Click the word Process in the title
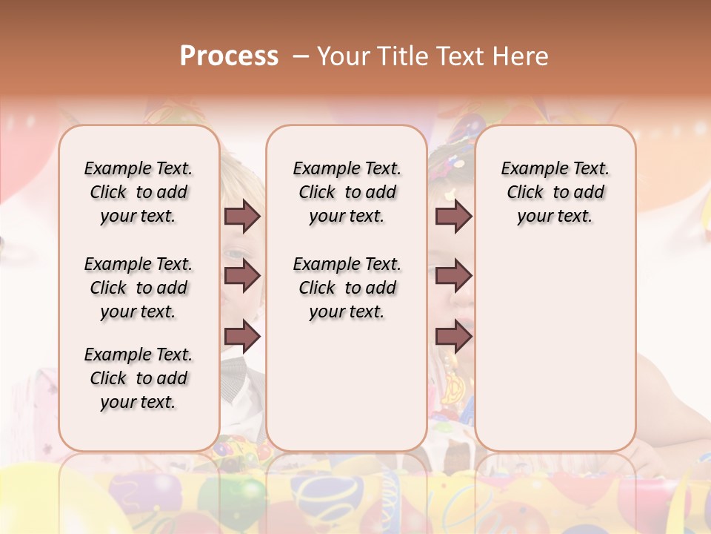(229, 56)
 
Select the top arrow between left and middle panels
(242, 216)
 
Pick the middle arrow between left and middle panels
(242, 276)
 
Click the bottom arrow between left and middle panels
(242, 337)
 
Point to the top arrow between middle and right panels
(453, 216)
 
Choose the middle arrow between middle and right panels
(453, 276)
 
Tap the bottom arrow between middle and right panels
(453, 337)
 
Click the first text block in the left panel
(138, 192)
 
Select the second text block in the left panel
(138, 288)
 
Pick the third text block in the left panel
(138, 378)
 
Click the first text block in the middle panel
(347, 192)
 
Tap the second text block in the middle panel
(347, 288)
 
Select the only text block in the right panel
(555, 192)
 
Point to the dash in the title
(301, 56)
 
